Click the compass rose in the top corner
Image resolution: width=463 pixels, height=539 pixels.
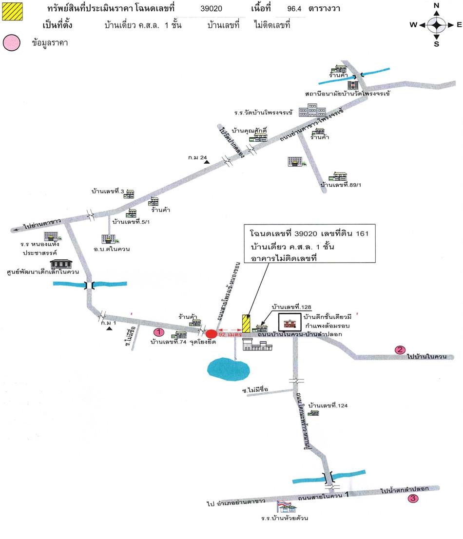[437, 24]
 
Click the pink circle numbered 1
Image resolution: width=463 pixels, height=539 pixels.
[158, 332]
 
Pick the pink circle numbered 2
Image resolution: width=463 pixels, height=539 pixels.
[400, 349]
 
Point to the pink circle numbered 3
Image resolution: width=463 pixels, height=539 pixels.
[413, 498]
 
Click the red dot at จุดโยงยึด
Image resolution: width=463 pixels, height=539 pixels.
[211, 334]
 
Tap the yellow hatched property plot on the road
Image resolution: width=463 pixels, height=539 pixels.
[247, 324]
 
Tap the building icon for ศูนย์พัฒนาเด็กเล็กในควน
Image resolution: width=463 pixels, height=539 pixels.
[61, 264]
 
